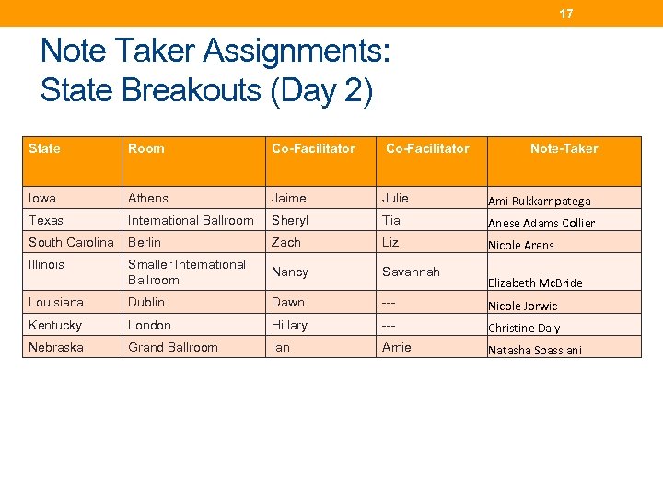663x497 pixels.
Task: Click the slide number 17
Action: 566,14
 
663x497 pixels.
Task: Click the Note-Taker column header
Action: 564,148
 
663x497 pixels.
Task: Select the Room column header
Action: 146,148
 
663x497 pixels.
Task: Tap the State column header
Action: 44,148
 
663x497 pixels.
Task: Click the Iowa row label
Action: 42,198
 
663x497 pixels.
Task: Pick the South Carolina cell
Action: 71,242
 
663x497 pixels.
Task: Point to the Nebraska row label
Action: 56,347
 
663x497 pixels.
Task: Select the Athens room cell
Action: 148,198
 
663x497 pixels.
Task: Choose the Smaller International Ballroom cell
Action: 187,272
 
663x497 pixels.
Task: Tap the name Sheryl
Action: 290,220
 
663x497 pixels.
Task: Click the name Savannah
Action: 411,272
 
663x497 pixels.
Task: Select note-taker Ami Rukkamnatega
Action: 539,201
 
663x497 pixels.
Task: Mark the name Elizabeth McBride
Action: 535,283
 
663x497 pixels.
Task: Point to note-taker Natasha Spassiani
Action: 534,351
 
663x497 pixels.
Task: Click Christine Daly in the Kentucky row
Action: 524,328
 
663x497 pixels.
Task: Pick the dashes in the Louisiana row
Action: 390,302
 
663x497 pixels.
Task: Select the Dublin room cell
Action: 146,302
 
